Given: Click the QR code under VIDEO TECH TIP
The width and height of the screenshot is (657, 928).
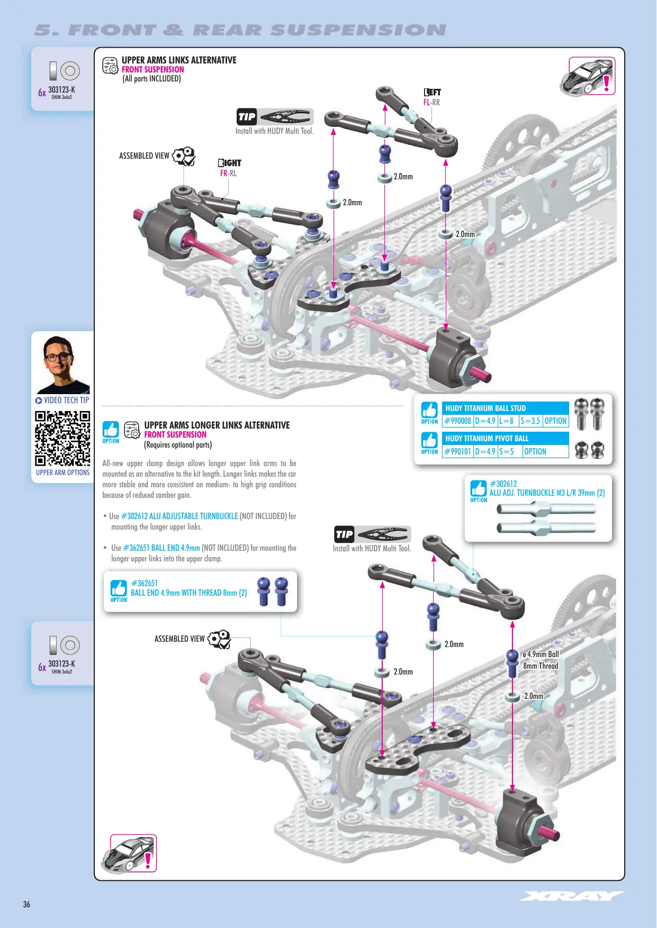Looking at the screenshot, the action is (62, 438).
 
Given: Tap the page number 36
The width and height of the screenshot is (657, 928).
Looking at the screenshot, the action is (26, 904).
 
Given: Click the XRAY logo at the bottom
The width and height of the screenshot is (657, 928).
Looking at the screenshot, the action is (572, 896).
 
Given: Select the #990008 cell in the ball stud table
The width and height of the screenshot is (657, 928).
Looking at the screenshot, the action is (458, 421).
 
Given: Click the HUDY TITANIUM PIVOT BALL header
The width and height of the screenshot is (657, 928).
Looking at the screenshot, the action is (487, 439).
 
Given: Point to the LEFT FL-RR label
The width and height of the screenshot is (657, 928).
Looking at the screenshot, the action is (432, 97).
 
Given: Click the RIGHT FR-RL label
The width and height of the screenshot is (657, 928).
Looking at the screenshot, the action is (229, 168).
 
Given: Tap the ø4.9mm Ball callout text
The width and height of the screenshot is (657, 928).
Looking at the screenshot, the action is (541, 654).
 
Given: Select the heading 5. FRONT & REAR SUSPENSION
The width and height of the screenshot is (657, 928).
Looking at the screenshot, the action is (240, 30).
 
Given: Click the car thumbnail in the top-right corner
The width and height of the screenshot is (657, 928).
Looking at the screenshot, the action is (588, 76).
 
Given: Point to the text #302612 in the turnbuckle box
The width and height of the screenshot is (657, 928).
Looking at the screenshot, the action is (503, 484).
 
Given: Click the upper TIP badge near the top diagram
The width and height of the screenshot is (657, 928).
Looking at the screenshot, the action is (247, 117).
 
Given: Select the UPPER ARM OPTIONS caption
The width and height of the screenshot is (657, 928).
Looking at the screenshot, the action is (63, 472).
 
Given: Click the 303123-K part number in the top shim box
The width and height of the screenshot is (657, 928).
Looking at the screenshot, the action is (61, 89).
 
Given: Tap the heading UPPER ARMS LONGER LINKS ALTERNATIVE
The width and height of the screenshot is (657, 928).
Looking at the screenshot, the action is (217, 425).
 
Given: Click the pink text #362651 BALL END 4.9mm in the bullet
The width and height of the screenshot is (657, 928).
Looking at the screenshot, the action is (161, 548).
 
